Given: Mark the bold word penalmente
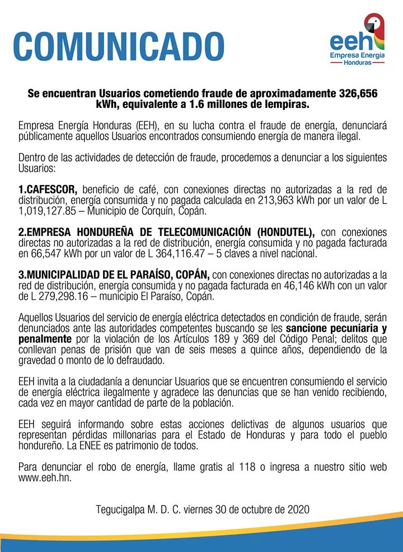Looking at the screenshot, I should click(45, 339).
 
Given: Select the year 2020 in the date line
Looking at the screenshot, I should click(297, 510).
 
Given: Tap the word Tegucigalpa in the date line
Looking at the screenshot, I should click(120, 510).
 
